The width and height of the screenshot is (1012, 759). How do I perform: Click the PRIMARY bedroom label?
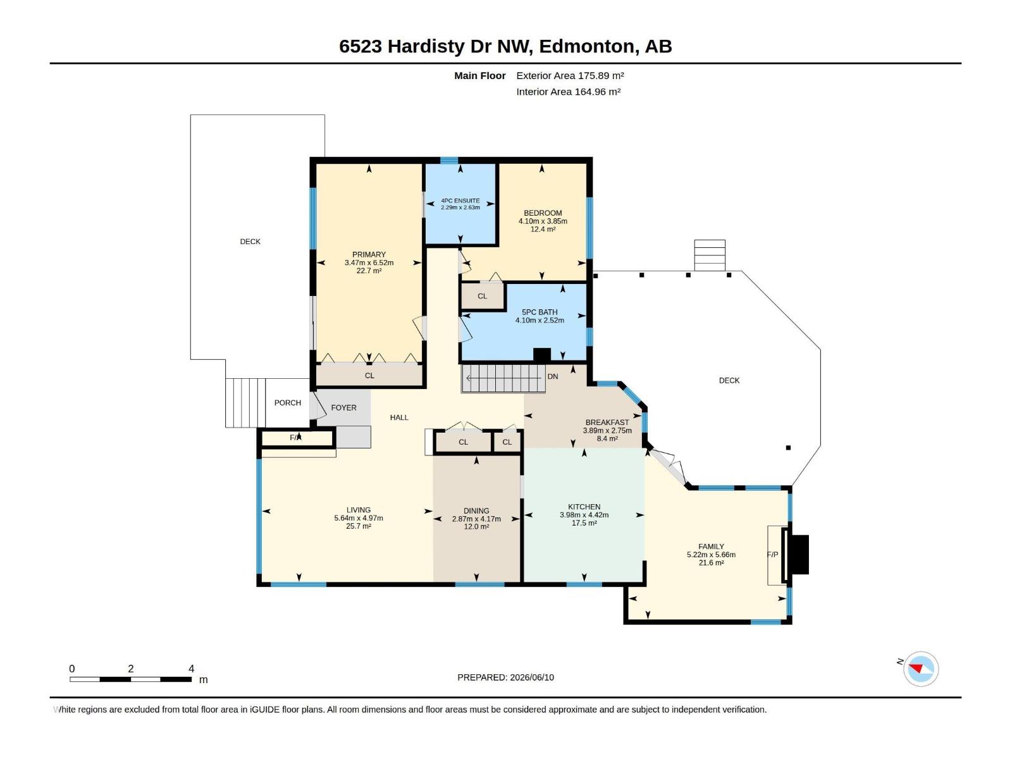tap(369, 254)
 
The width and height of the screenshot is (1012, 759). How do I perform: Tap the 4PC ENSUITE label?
tap(460, 201)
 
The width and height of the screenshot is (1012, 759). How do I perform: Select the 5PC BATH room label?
tap(540, 312)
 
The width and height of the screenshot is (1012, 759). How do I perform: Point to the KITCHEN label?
tap(584, 507)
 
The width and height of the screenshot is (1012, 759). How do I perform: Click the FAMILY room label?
tap(711, 546)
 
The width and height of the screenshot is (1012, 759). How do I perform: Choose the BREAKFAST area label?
tap(607, 422)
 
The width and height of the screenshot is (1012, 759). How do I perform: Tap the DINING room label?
tap(476, 510)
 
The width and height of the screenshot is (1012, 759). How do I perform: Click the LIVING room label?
tap(359, 510)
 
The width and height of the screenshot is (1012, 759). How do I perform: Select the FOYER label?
tap(343, 407)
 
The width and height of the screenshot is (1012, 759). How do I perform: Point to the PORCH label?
tap(288, 402)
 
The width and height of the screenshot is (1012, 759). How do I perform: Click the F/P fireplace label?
tap(773, 555)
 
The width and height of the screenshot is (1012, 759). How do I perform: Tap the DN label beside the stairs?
tap(553, 376)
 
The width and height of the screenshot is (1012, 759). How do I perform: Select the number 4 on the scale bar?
tap(192, 668)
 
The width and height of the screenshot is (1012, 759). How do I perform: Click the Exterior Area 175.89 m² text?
tap(570, 75)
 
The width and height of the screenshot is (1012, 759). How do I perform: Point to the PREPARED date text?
tap(506, 677)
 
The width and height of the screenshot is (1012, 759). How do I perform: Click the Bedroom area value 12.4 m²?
tap(543, 229)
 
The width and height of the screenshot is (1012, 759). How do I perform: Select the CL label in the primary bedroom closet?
tap(369, 376)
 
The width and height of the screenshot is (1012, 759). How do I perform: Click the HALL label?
tap(399, 417)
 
